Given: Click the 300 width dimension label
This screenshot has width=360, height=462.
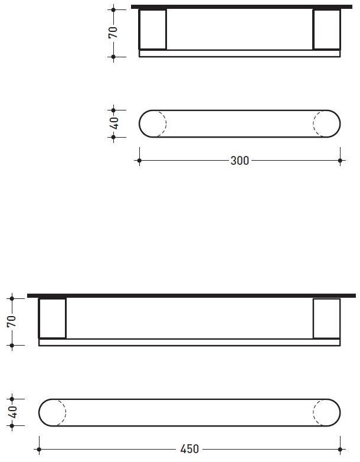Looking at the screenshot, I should click(x=240, y=161).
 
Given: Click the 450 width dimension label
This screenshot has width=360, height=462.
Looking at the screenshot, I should click(x=189, y=449).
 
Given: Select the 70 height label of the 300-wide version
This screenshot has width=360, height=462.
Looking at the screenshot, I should click(x=113, y=32).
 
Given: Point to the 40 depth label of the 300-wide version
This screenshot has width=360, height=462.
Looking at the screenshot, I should click(x=114, y=123).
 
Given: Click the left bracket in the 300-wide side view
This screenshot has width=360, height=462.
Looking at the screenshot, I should click(x=152, y=30).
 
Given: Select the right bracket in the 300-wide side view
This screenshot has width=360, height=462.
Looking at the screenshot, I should click(x=326, y=30).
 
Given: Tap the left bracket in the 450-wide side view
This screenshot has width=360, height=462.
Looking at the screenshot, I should click(x=53, y=318).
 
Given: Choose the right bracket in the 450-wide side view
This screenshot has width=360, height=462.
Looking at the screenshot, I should click(x=326, y=318).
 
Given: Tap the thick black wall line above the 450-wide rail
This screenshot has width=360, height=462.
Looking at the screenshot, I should click(x=192, y=295).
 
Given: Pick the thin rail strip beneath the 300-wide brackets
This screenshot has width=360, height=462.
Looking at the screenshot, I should click(x=239, y=53).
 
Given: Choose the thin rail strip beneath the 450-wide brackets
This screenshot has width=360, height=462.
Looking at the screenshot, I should click(x=189, y=342).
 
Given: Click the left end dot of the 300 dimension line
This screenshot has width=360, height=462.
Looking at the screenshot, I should click(x=139, y=160).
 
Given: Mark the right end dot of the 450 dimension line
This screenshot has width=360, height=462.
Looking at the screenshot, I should click(x=340, y=449).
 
